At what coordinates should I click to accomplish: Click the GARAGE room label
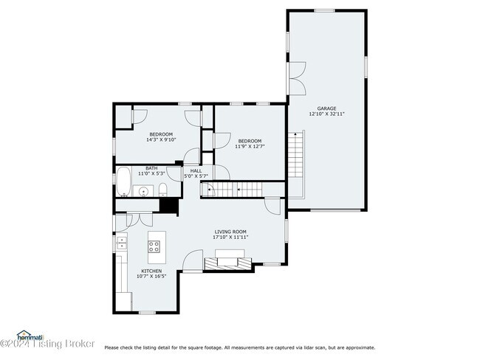coord(326,108)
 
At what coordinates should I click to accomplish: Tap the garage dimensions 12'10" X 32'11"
coord(326,114)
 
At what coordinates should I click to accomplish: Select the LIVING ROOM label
coord(230,232)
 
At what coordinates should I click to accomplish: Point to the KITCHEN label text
coord(151,271)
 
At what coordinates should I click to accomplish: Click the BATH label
coord(151,167)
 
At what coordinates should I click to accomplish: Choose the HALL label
coord(196,170)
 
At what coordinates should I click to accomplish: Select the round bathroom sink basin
coord(142,192)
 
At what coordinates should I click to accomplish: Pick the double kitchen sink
coord(121,243)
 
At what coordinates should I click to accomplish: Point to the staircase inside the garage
coord(295,164)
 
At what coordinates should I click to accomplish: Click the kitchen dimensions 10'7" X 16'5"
coord(151,277)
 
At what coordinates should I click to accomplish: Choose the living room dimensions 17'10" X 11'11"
coord(230,238)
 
